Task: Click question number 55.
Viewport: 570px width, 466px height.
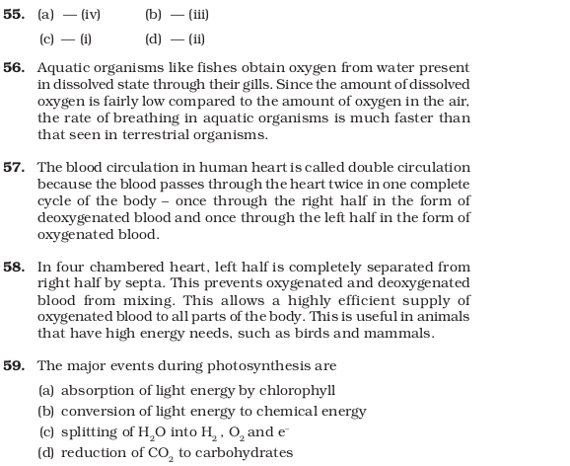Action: point(14,15)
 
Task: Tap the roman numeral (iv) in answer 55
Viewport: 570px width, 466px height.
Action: point(91,15)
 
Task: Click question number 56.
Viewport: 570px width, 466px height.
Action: point(14,68)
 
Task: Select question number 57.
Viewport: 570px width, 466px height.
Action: point(14,168)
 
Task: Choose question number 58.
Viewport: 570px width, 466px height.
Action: point(14,268)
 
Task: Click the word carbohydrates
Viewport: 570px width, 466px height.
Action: point(243,453)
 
